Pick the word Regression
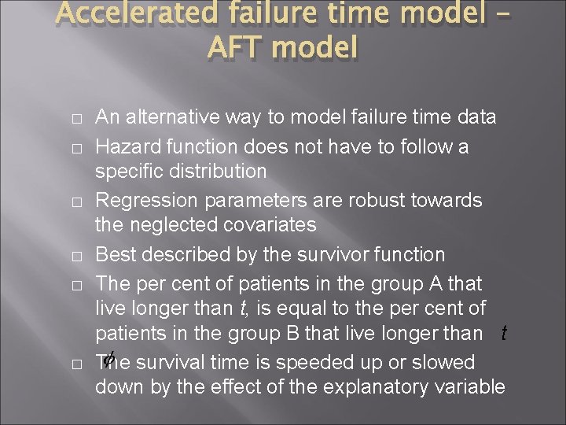(147, 200)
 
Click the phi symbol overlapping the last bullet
(109, 360)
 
